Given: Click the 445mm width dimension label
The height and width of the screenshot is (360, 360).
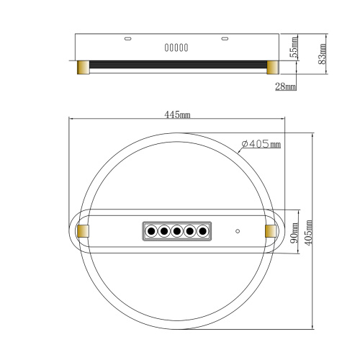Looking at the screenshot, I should [177, 114].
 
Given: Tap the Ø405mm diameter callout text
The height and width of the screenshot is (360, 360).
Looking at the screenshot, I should [261, 144].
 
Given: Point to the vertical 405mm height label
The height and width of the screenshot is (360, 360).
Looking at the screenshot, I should [309, 231].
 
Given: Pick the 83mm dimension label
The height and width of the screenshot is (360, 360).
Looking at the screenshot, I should [323, 52].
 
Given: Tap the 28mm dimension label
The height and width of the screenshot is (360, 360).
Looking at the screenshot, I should [286, 87].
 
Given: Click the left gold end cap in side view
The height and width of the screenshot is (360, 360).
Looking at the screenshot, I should [83, 67].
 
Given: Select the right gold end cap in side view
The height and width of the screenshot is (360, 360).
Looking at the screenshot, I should [273, 67].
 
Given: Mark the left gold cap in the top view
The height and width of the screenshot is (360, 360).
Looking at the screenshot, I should [83, 230].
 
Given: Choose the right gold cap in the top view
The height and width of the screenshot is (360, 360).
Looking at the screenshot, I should [271, 230].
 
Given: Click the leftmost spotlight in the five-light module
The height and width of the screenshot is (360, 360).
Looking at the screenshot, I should [152, 231].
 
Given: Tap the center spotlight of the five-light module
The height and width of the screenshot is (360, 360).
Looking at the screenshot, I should [176, 231].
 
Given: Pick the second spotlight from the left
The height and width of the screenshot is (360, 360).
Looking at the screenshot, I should [164, 231].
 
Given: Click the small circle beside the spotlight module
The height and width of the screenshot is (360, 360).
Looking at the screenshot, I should [238, 232].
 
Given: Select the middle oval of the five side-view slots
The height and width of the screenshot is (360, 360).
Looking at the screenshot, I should [177, 48].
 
